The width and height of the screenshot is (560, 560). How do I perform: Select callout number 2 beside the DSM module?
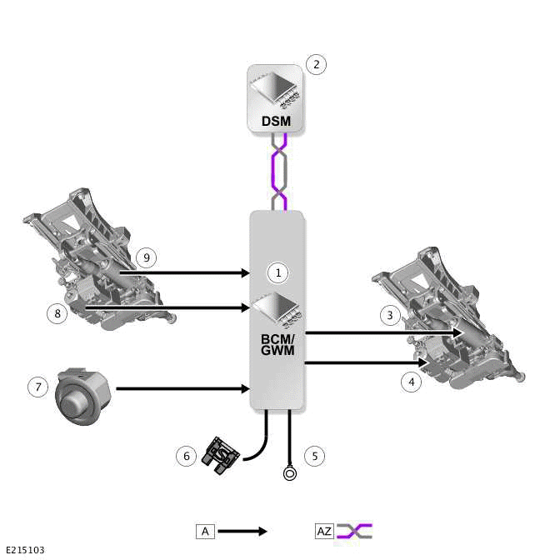tap(316, 64)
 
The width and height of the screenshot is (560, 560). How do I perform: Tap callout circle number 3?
tap(389, 315)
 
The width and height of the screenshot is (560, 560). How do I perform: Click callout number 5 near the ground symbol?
tap(314, 456)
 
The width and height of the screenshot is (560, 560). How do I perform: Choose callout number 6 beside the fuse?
tap(187, 456)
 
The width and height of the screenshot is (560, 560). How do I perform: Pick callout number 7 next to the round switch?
tap(37, 387)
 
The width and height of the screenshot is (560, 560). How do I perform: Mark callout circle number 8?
tap(57, 313)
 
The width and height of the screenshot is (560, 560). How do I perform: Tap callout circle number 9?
tap(145, 257)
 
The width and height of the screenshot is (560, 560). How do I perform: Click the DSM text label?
tap(276, 121)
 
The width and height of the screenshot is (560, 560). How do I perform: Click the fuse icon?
tap(222, 456)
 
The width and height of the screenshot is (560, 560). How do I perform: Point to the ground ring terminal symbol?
tap(289, 474)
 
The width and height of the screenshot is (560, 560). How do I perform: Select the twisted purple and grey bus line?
tap(277, 172)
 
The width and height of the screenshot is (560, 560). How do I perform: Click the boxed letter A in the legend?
tap(205, 531)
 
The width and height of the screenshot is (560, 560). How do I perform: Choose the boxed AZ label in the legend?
tap(324, 531)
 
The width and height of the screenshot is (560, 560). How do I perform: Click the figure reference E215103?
tap(25, 550)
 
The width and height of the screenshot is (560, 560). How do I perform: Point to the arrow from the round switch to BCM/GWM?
tap(183, 388)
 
